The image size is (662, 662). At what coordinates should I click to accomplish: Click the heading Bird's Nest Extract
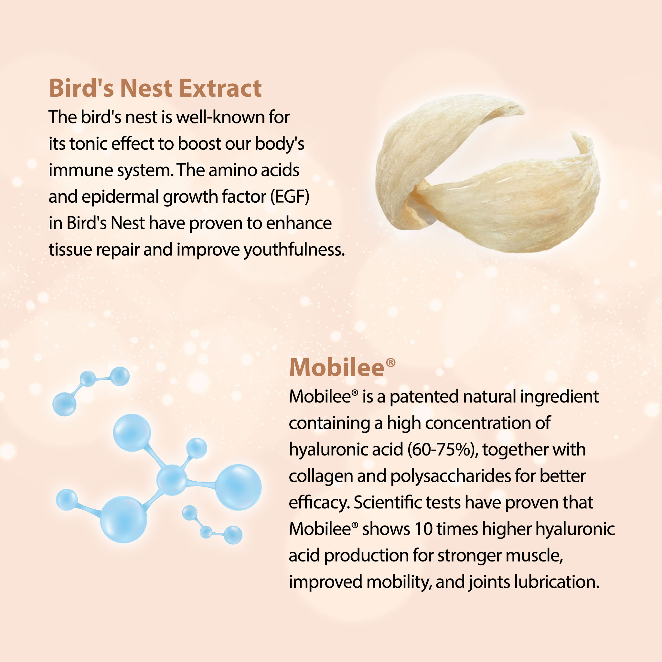155,88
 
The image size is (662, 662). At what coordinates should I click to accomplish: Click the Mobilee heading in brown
336,368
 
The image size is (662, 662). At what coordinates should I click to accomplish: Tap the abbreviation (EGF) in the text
290,197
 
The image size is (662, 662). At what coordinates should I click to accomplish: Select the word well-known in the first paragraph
220,117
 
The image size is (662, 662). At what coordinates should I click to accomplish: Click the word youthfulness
294,250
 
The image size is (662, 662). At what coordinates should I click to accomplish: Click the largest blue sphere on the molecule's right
239,487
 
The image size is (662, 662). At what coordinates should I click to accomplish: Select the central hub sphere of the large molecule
172,480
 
